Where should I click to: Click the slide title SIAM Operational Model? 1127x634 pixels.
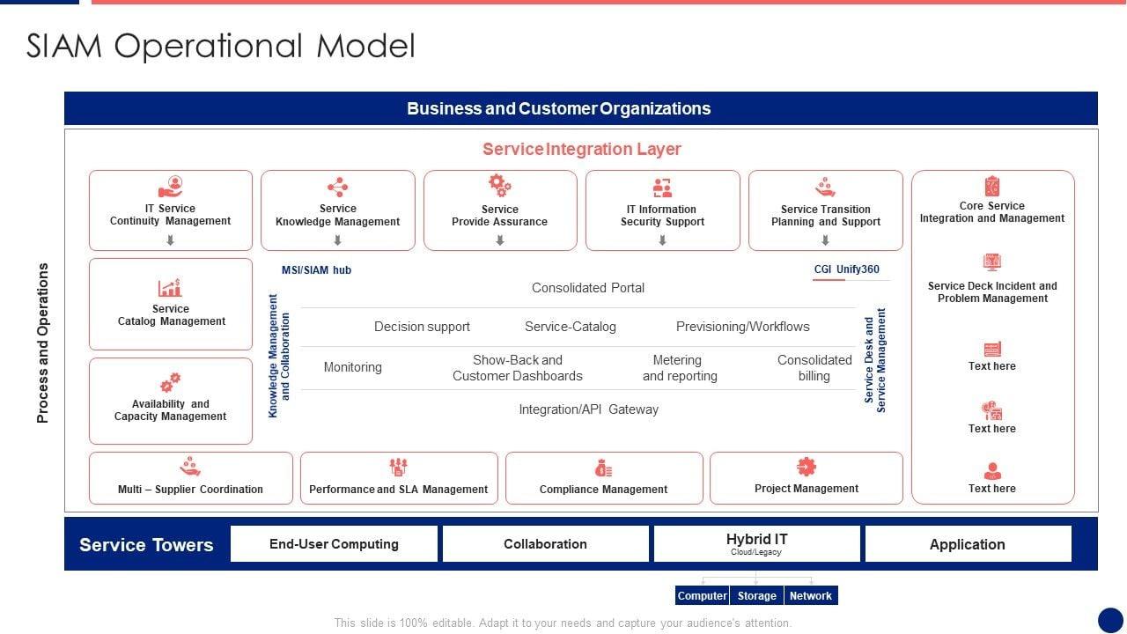point(221,46)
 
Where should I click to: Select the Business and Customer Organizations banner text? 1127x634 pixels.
point(558,108)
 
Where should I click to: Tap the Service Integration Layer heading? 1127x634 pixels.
point(581,149)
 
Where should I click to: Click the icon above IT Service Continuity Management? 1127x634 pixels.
point(171,187)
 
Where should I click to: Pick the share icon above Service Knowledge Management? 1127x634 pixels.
point(337,187)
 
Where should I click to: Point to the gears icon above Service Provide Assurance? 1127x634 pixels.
point(499,185)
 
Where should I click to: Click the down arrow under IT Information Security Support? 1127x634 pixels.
point(662,240)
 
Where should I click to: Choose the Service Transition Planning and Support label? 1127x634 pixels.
point(826,216)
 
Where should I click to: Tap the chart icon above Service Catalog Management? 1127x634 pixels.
point(170,287)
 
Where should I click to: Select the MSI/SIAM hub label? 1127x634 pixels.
point(316,270)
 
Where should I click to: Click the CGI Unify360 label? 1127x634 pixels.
point(846,269)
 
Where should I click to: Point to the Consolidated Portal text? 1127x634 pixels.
point(588,288)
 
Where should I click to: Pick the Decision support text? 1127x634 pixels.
point(422,327)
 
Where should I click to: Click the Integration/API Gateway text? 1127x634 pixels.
point(588,409)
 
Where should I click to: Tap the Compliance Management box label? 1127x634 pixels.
point(603,490)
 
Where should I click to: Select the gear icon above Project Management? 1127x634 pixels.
point(807,467)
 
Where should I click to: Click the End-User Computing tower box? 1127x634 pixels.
point(334,544)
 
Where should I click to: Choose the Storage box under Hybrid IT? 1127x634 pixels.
point(756,596)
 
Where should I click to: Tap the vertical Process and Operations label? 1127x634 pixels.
point(43,343)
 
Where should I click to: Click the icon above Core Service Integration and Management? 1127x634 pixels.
point(992,186)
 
